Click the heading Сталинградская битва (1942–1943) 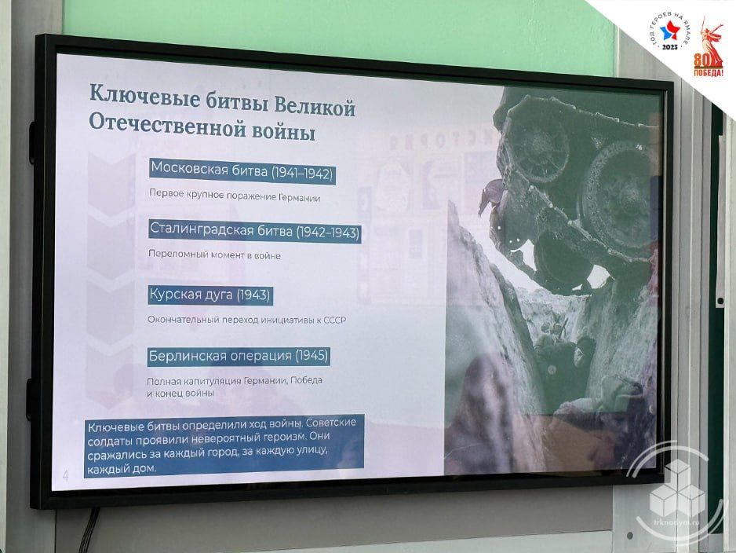[255, 231]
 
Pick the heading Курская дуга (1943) [210, 295]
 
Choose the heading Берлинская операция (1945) [239, 356]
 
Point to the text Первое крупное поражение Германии [235, 196]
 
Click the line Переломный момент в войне [214, 255]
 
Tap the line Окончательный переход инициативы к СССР [247, 320]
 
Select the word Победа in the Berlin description [307, 379]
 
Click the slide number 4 [65, 475]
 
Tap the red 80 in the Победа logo [701, 60]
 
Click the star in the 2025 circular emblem [670, 32]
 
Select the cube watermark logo [677, 489]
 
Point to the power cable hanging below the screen [89, 530]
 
